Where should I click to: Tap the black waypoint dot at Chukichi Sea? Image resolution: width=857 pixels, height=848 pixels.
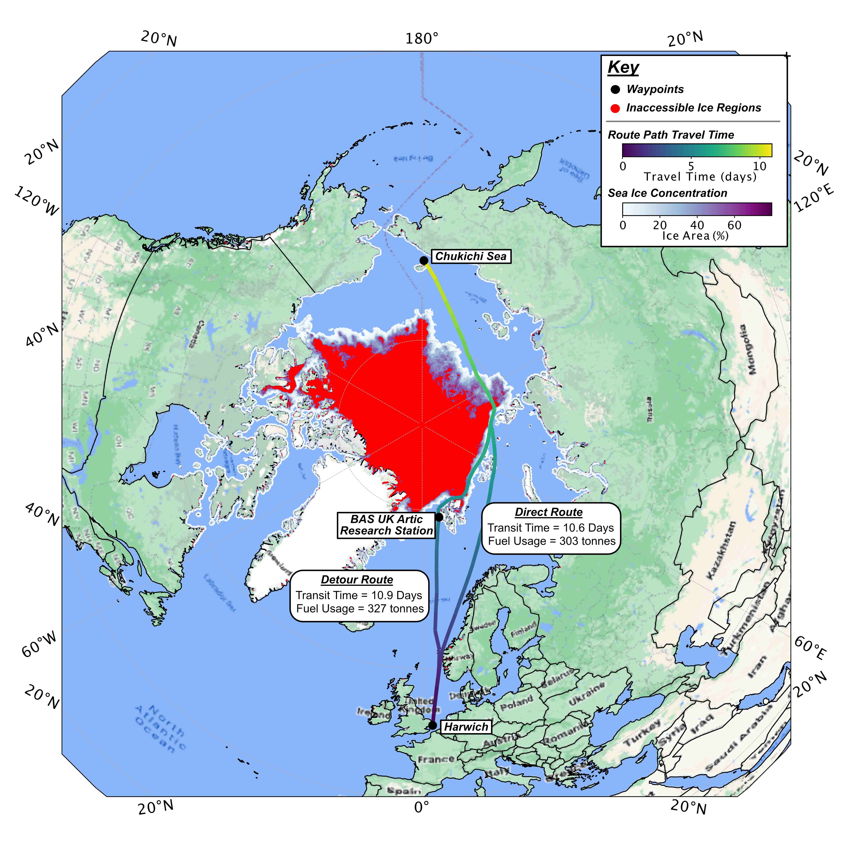(424, 261)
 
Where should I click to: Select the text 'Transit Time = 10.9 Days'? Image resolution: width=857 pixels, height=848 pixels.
(359, 595)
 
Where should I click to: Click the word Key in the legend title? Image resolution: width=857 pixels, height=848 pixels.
(623, 67)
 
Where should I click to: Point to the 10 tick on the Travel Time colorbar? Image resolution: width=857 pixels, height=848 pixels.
(759, 166)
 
